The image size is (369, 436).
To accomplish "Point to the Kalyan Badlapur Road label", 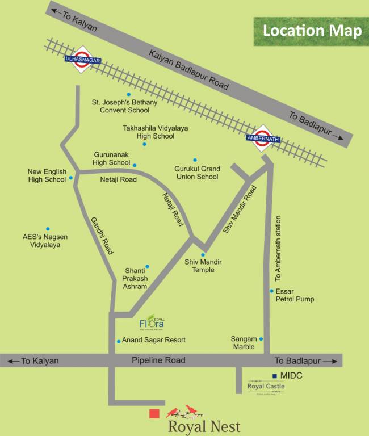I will (188, 70).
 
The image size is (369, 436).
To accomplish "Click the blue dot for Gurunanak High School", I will (135, 165).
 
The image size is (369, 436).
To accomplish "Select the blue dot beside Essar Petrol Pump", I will (272, 291).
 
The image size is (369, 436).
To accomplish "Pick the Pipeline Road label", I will (158, 360).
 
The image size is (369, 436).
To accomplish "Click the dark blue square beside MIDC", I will (275, 376).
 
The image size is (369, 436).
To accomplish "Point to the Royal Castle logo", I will (266, 387).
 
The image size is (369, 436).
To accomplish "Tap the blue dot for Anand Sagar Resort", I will (119, 341).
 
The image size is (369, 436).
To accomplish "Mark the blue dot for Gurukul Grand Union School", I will (195, 160).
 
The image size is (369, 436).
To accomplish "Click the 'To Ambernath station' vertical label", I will (278, 249).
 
